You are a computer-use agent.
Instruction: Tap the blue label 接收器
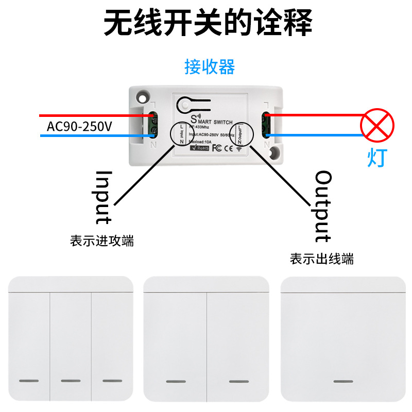[x=210, y=67]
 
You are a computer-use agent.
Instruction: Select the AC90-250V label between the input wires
[x=79, y=126]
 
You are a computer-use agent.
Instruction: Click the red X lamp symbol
[x=377, y=125]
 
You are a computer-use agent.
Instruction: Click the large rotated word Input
[x=104, y=197]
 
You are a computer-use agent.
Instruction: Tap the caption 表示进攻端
[x=102, y=241]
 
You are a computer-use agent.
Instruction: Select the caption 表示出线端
[x=322, y=259]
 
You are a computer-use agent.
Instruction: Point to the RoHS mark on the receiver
[x=199, y=148]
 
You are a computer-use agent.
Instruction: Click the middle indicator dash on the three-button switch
[x=71, y=381]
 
